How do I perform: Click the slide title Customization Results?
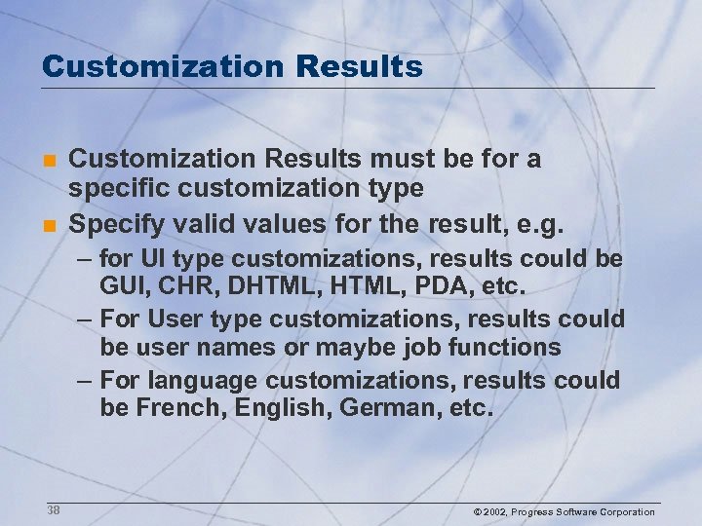coord(232,66)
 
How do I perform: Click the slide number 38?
coord(54,510)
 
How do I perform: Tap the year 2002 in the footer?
coord(494,512)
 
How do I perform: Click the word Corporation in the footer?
coord(627,512)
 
